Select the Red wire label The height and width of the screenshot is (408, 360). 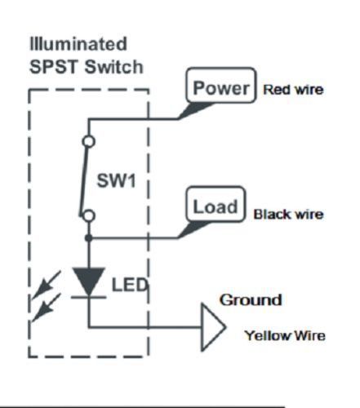293,90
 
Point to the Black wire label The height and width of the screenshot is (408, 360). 288,215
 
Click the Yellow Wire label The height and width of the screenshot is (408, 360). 285,335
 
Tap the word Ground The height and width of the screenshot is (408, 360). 251,300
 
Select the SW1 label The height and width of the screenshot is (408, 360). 116,180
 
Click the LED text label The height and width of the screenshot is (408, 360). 130,285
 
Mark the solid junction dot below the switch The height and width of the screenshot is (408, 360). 88,238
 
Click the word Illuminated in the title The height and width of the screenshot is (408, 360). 78,44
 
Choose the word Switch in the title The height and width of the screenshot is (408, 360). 113,67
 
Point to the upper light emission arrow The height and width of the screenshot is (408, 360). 47,285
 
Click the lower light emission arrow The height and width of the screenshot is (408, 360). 47,308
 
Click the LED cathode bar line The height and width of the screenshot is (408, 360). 88,297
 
